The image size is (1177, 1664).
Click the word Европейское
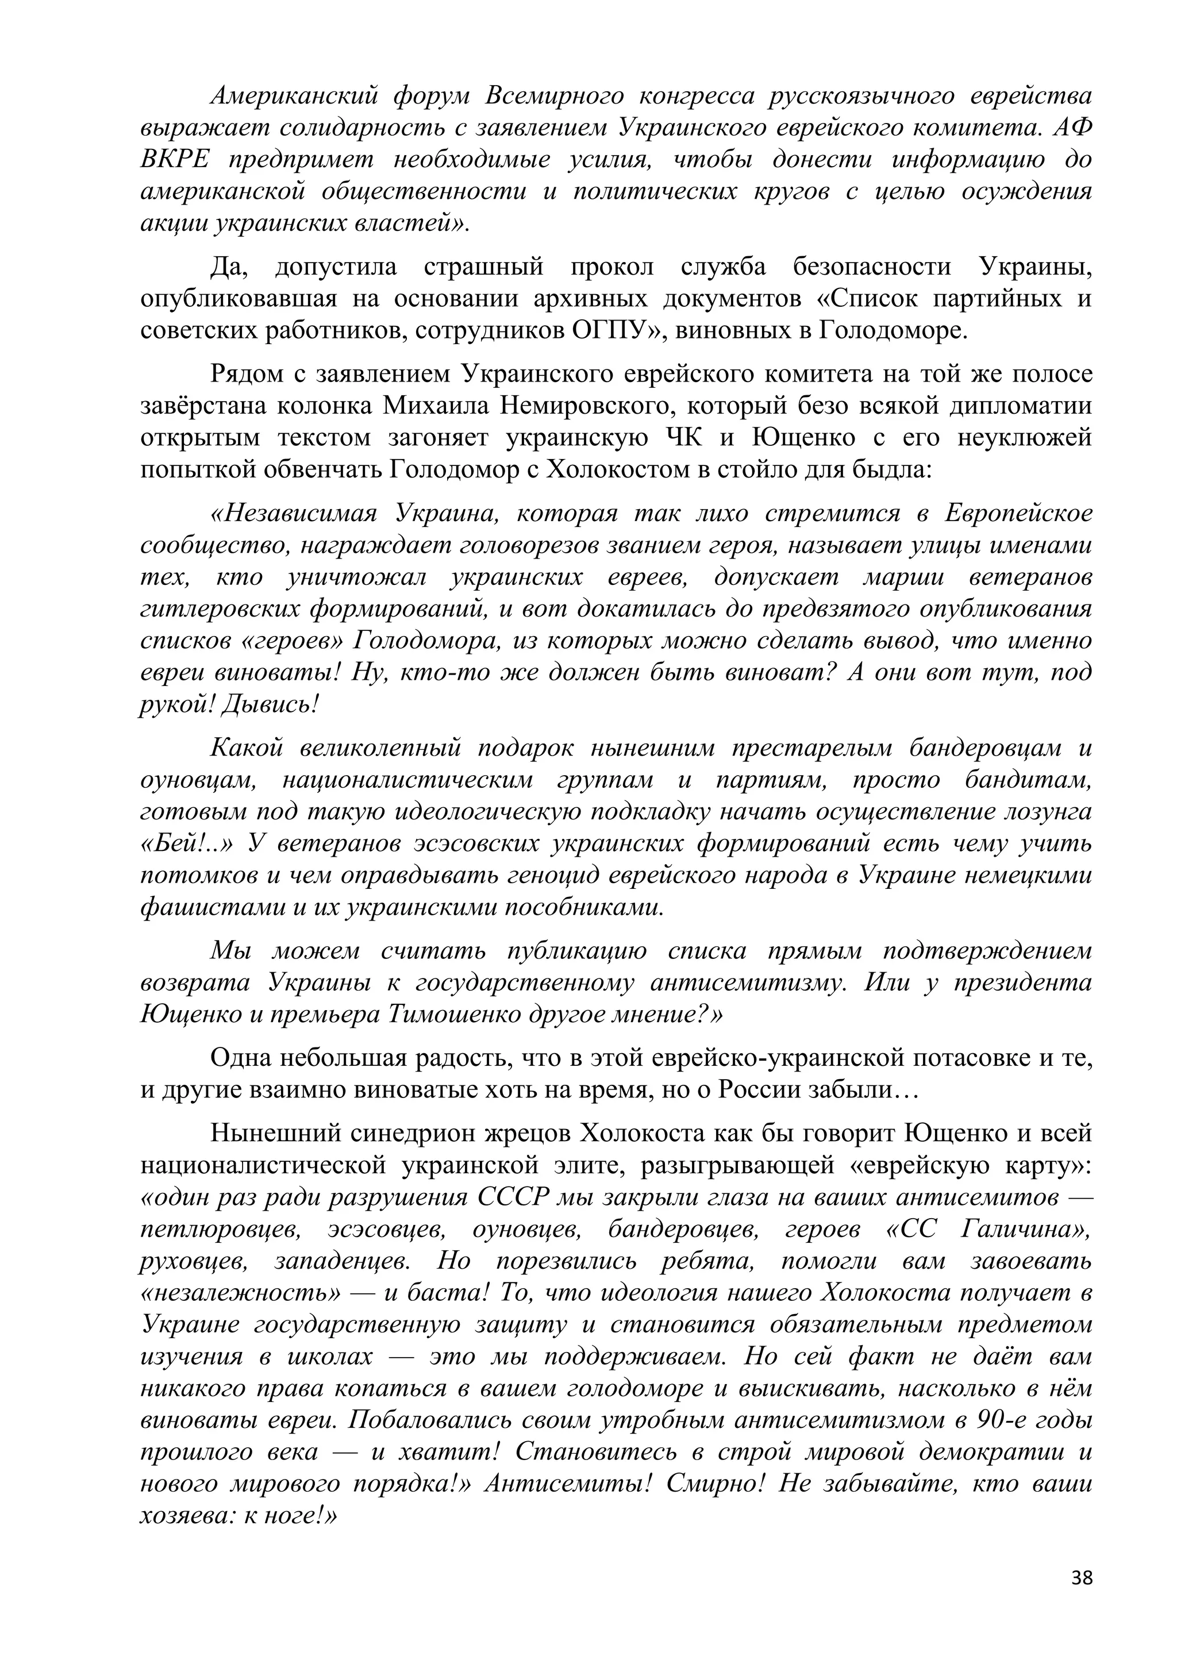click(x=1018, y=513)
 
